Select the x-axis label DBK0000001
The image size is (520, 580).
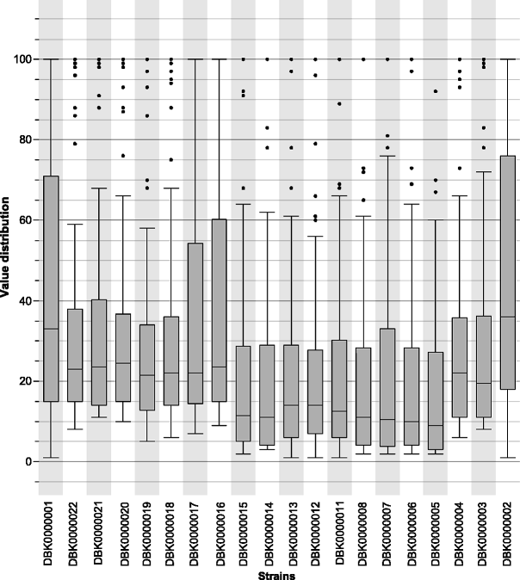click(x=51, y=529)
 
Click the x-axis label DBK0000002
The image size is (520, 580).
click(x=507, y=529)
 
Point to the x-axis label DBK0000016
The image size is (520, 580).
click(x=219, y=529)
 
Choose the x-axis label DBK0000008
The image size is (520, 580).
click(x=363, y=529)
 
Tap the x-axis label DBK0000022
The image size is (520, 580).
click(x=75, y=529)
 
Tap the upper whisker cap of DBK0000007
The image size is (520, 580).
click(x=387, y=156)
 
